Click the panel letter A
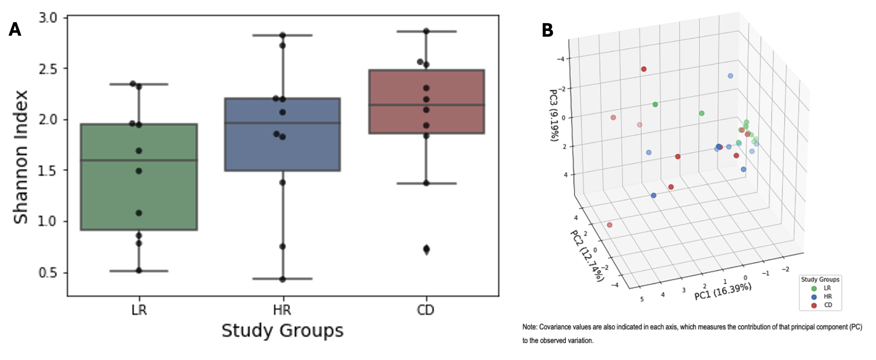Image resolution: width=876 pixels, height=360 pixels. (15, 30)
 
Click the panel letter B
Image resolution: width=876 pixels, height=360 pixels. (547, 30)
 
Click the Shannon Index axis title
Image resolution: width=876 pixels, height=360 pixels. (21, 157)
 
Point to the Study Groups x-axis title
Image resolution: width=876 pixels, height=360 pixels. (282, 331)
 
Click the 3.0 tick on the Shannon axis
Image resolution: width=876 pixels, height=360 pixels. (48, 18)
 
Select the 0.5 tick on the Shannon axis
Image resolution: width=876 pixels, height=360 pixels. (48, 273)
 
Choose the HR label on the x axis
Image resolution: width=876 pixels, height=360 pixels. (282, 310)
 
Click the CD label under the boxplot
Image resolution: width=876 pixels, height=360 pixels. (425, 310)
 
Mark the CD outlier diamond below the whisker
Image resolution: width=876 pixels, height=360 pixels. (426, 249)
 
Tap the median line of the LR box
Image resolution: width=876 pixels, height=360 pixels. (139, 160)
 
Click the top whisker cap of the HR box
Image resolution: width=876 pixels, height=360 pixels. (282, 35)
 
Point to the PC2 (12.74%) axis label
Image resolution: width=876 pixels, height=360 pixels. (587, 255)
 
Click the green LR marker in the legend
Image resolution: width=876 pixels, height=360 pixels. (814, 288)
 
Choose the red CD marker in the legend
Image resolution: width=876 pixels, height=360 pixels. (814, 305)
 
